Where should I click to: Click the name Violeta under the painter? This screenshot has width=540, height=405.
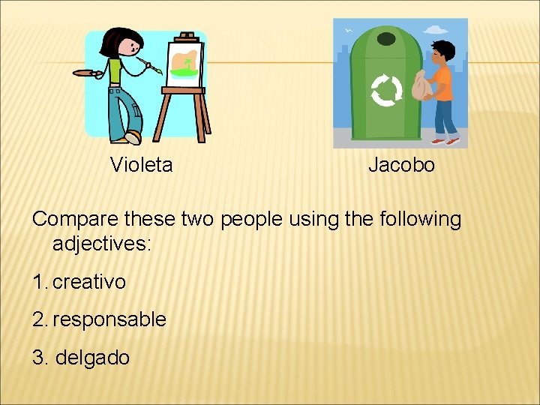(x=141, y=165)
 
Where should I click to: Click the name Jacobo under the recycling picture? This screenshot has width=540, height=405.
(x=401, y=165)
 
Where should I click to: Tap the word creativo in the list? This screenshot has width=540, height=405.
(x=89, y=282)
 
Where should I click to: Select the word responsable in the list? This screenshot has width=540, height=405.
(x=109, y=319)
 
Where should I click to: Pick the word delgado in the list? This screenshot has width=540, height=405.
(x=92, y=358)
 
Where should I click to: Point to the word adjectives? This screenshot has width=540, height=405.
(x=102, y=243)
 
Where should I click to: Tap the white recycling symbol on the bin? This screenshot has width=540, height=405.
(x=386, y=91)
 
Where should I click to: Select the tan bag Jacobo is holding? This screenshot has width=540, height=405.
(x=422, y=86)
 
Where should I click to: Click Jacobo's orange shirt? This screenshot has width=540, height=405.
(x=442, y=82)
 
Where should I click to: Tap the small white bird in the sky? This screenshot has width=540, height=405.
(x=348, y=31)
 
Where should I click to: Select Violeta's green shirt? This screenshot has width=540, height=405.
(x=115, y=71)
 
